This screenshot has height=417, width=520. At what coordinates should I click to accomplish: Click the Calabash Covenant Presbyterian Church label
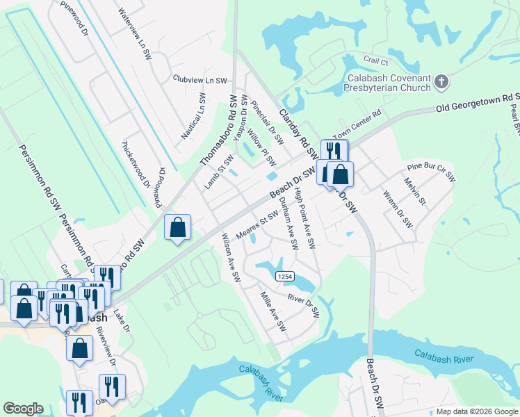387,83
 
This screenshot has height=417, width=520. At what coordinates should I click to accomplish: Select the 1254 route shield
284,277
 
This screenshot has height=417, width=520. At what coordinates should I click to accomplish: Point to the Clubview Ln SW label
200,81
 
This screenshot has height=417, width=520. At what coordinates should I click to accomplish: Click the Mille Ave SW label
273,310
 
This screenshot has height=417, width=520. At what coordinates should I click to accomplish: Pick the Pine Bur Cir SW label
430,172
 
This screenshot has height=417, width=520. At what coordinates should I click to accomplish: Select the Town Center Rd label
357,124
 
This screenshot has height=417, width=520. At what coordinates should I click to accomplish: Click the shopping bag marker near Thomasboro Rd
178,227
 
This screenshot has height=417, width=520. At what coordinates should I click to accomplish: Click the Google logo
23,409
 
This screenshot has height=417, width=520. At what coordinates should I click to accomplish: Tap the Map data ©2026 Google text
476,411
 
